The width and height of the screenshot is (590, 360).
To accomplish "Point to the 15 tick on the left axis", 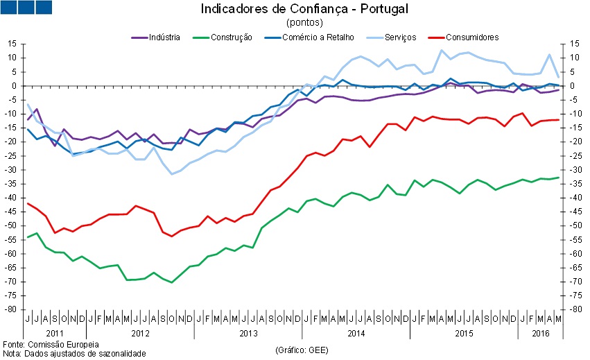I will tap(12, 44).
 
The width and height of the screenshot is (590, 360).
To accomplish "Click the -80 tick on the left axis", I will tap(10, 310).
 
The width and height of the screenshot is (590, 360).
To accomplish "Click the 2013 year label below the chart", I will tap(248, 333).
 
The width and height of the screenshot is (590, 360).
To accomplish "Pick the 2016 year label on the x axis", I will tap(539, 333).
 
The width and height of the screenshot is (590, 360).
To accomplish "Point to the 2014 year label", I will tap(356, 333).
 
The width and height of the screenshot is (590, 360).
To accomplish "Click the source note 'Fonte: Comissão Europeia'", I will tap(51, 344).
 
